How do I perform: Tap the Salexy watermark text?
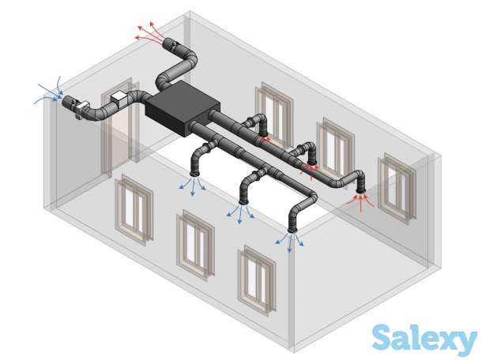click(x=424, y=339)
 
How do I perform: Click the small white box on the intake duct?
click(x=119, y=96)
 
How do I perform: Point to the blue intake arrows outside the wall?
click(x=50, y=93)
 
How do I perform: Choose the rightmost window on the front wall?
click(x=257, y=278)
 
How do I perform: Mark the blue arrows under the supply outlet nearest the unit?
click(x=192, y=186)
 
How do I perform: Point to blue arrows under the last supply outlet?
click(x=290, y=241)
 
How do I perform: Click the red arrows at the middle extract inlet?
click(x=311, y=168)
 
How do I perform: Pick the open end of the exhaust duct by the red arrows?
click(x=168, y=43)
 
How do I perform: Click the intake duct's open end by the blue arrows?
click(x=69, y=102)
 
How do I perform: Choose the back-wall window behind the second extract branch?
click(x=336, y=146)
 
